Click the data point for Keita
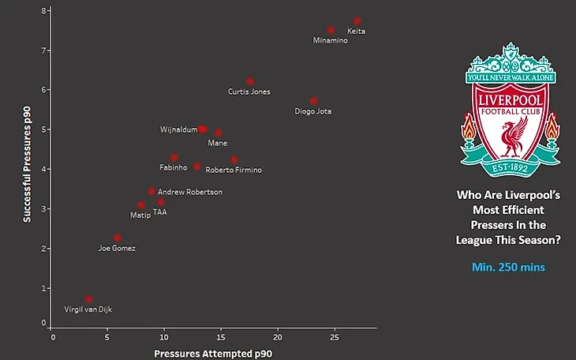357,21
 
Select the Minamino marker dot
331,30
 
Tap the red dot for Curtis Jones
250,81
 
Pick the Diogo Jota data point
314,101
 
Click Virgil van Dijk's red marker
88,299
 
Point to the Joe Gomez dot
118,238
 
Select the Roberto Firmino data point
234,159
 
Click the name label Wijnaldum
178,129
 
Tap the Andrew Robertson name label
190,192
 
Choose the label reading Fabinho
174,167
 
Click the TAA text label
160,212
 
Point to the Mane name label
218,143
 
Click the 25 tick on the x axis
334,337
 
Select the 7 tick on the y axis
45,50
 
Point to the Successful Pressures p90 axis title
27,167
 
